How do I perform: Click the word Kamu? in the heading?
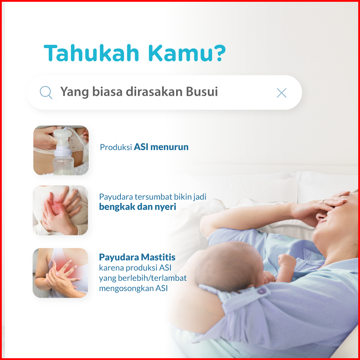click(187, 53)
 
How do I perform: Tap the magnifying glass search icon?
click(46, 92)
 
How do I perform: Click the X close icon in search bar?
click(282, 93)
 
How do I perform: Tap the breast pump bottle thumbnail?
click(61, 150)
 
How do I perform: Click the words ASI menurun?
click(161, 147)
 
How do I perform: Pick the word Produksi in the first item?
click(116, 147)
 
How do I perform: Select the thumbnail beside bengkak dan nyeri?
click(60, 210)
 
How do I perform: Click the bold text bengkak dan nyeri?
click(138, 207)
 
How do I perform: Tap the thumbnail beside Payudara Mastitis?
click(60, 273)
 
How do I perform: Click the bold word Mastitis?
click(158, 257)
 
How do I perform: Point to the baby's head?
click(230, 266)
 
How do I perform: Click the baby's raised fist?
click(287, 262)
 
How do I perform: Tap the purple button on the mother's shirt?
click(261, 291)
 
